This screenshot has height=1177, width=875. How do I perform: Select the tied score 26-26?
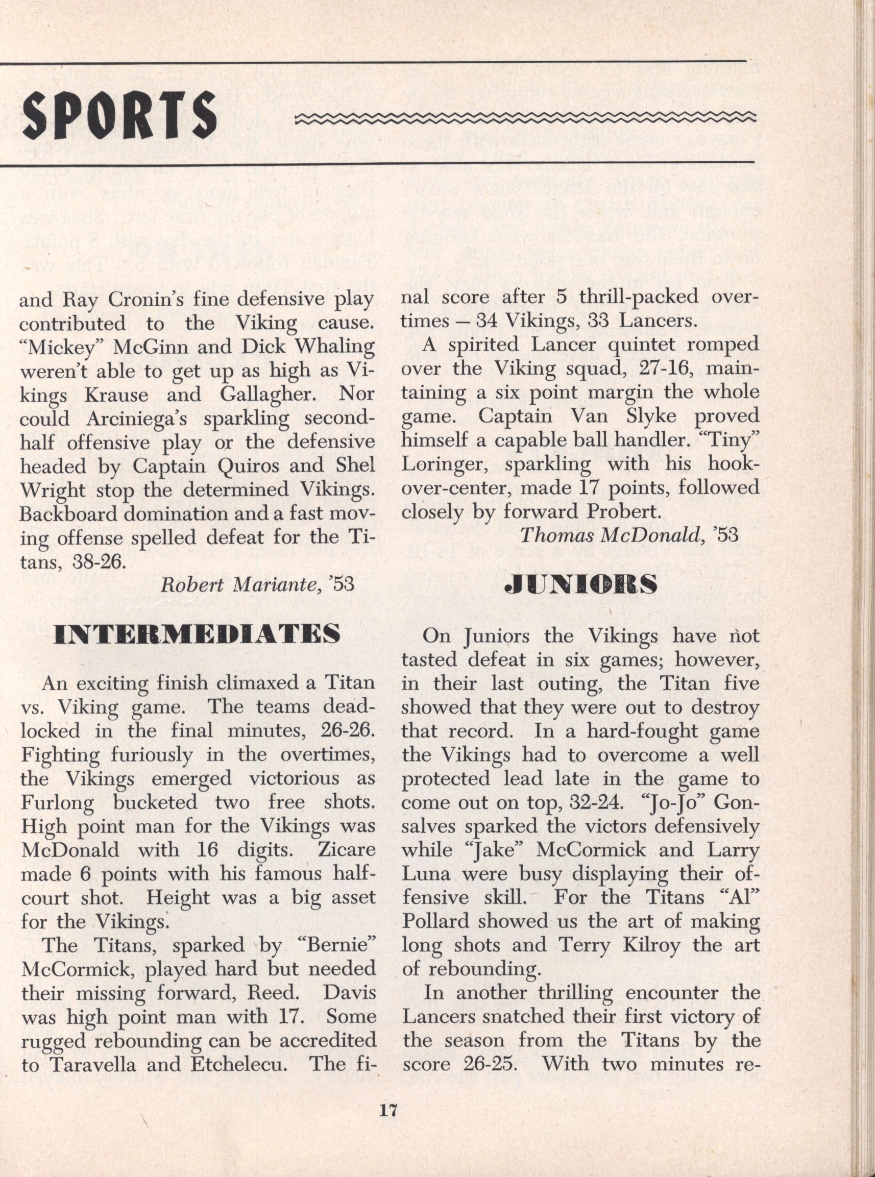pos(348,731)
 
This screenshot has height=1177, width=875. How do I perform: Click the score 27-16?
pos(664,369)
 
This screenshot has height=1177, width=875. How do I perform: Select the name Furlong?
pos(57,803)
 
